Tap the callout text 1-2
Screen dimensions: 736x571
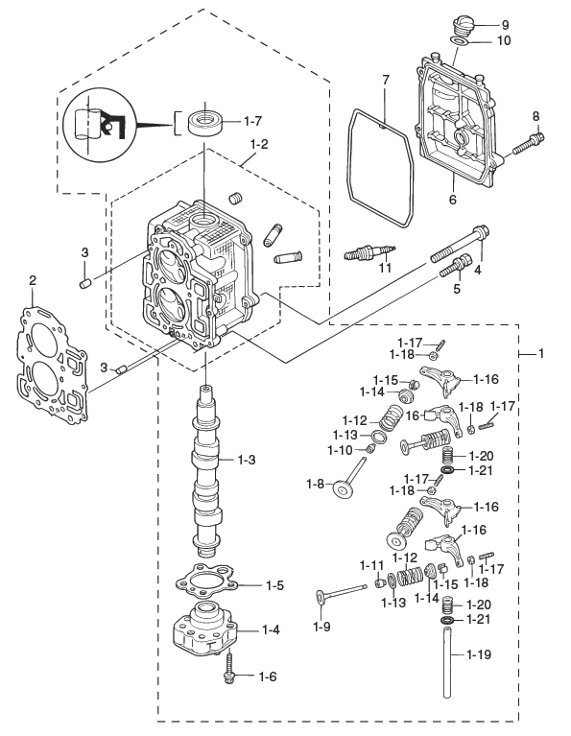pos(258,144)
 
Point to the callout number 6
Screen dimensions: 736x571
pos(451,200)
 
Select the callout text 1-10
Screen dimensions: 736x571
pos(341,449)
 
